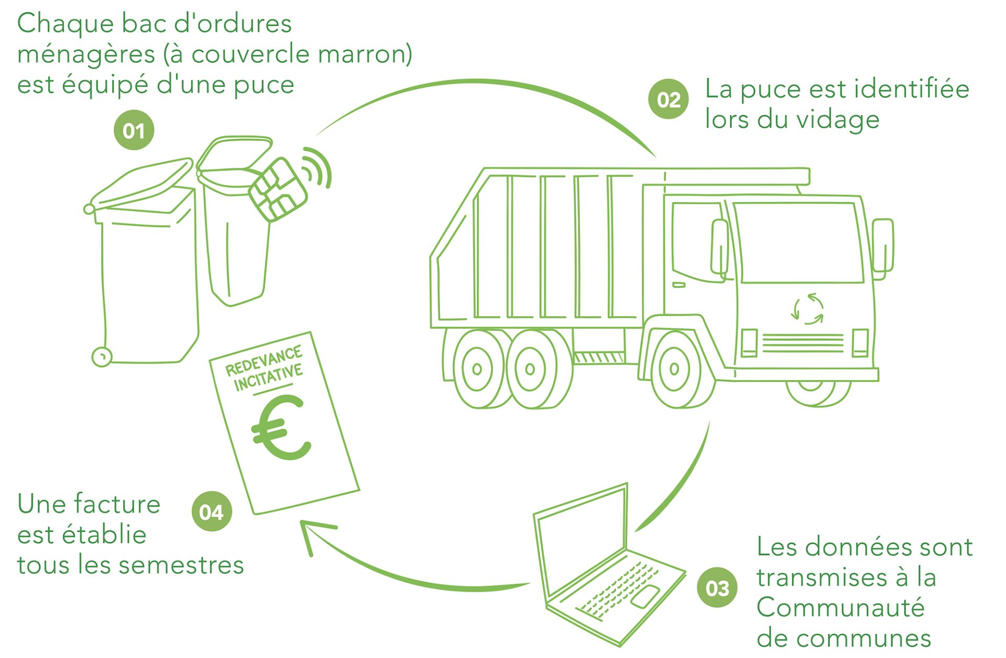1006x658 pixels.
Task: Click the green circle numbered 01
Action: (x=134, y=130)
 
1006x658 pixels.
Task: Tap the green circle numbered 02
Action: (x=669, y=99)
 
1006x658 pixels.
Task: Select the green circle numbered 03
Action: (x=717, y=588)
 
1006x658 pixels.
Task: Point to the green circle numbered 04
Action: (x=211, y=511)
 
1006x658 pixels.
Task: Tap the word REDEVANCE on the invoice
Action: (x=264, y=360)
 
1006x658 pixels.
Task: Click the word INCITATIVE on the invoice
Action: (x=268, y=377)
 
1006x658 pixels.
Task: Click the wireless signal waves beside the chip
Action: (x=319, y=166)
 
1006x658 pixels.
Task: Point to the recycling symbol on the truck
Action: (x=807, y=309)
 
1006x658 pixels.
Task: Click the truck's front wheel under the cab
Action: (x=675, y=369)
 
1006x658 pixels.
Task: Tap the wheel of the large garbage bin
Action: (x=102, y=357)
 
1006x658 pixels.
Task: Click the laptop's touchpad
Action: (x=645, y=597)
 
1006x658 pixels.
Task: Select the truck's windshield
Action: (x=798, y=242)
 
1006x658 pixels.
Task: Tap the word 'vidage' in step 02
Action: (x=838, y=119)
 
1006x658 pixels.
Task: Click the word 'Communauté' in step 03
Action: (x=840, y=608)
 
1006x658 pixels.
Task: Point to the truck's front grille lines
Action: (x=803, y=343)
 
